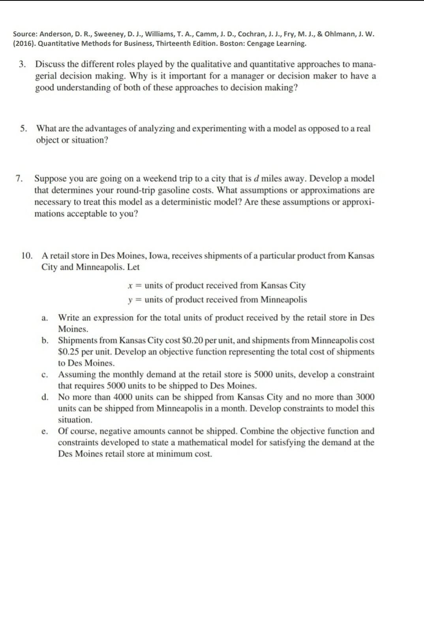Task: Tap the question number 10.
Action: click(x=27, y=256)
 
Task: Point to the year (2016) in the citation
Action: click(x=24, y=43)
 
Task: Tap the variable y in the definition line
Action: click(x=129, y=300)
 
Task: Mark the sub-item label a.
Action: click(x=45, y=318)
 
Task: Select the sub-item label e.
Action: click(x=45, y=431)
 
